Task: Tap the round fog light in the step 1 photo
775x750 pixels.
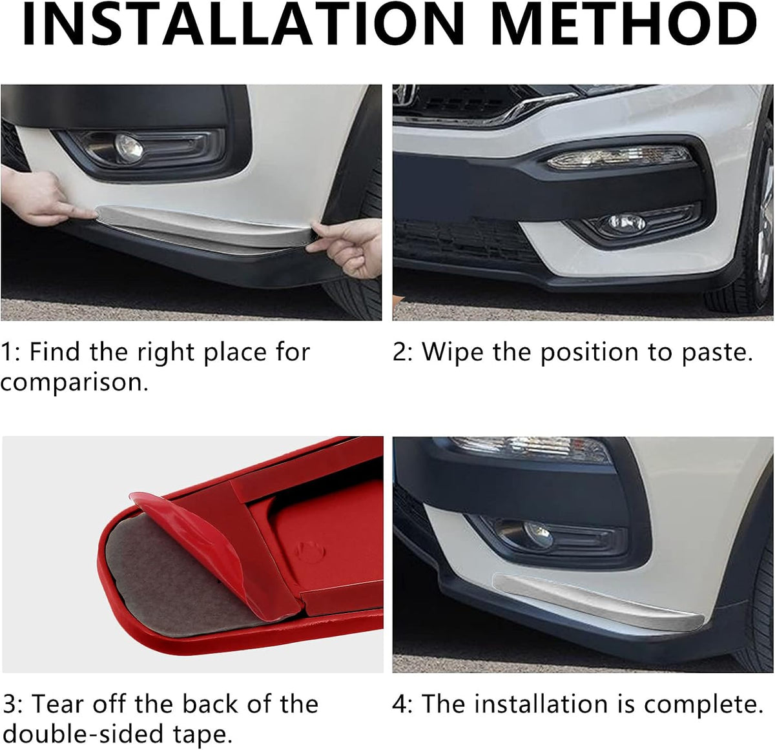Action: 129,148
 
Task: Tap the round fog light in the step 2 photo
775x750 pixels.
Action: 626,222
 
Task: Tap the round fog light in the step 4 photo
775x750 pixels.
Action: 538,535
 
